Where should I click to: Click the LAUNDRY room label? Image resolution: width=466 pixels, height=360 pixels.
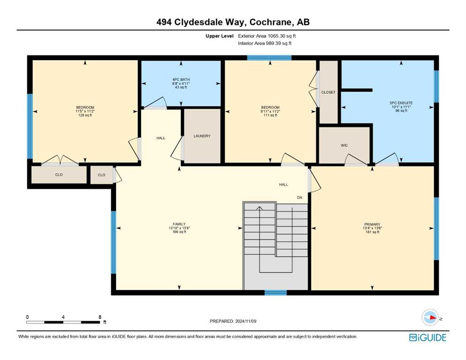pos(202,136)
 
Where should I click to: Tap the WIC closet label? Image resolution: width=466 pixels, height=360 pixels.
pos(344,145)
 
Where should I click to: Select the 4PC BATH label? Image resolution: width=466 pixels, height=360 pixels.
pos(181,80)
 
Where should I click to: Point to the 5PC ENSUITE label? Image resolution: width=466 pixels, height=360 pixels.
pos(401,103)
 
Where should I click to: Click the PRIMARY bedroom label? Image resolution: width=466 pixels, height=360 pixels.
pos(372,225)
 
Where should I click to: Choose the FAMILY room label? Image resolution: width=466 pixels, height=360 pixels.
pos(179,224)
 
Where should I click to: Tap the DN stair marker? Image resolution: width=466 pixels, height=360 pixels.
pos(299,198)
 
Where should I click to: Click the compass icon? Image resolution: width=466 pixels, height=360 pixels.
pos(430,317)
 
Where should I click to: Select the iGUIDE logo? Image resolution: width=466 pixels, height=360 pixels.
pos(428,338)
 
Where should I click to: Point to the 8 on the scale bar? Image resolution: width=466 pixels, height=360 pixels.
pos(100,317)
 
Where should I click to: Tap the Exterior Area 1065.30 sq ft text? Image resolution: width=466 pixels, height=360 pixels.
pos(267,36)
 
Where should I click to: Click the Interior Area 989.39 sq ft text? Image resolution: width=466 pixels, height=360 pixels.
pos(265,43)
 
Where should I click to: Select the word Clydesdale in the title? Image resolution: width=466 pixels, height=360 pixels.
pos(211,22)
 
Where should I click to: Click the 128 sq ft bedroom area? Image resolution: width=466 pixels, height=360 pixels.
pos(85,115)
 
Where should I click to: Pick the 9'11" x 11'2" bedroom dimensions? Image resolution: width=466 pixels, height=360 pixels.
pos(270,111)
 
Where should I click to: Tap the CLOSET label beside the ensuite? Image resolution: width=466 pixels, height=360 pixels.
pos(328,92)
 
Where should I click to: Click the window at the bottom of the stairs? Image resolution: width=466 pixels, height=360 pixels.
pos(276,292)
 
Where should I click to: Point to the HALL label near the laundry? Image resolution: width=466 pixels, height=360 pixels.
pos(161,138)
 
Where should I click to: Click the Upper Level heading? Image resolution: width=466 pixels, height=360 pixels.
pos(220,36)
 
